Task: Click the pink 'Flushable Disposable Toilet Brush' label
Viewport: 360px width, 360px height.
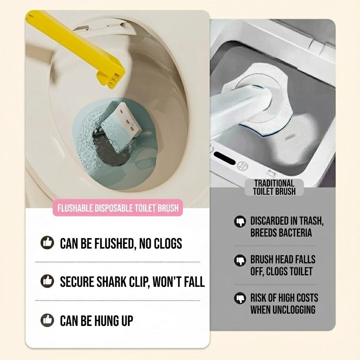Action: [118, 208]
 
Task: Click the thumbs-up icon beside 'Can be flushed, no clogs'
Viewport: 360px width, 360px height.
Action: [47, 243]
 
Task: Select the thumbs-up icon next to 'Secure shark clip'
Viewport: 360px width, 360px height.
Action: [47, 281]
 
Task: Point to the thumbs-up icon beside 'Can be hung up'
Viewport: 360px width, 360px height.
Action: [47, 320]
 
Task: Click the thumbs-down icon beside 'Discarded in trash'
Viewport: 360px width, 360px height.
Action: [240, 221]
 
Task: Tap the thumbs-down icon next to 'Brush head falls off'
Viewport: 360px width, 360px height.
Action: [240, 260]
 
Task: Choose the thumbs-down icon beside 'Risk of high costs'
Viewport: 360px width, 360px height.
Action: [240, 298]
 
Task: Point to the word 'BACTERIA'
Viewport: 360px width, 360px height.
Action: [295, 233]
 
